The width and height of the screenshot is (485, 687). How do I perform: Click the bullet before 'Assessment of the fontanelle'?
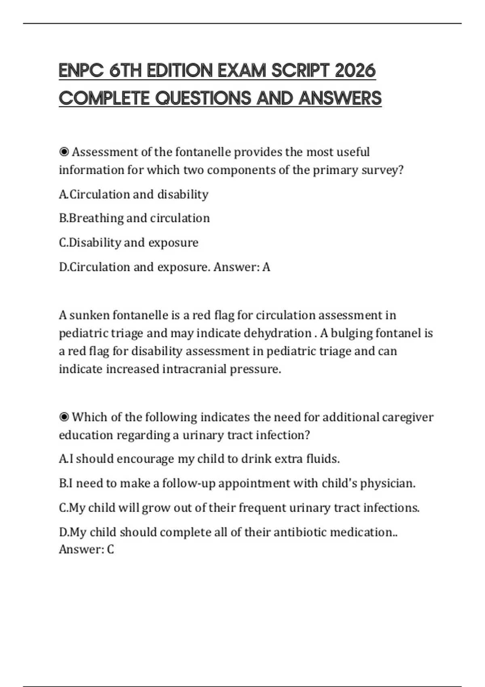(x=64, y=152)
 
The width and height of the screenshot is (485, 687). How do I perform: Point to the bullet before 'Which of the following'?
(x=64, y=417)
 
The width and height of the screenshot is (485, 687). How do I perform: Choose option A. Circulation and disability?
(x=134, y=194)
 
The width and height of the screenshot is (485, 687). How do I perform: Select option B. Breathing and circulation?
(x=135, y=218)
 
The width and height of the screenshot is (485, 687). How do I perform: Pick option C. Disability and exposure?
(x=129, y=242)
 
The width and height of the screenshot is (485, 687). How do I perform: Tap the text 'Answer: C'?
(x=86, y=549)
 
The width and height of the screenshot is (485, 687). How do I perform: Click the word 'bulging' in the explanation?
(x=351, y=333)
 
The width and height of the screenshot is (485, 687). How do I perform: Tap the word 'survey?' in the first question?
(x=382, y=170)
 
